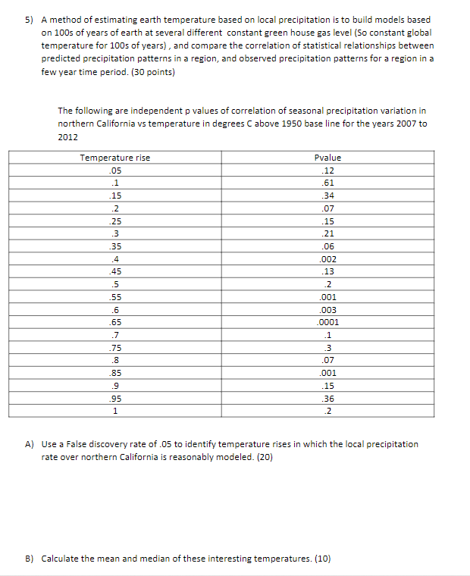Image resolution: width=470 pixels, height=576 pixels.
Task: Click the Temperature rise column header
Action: [x=115, y=158]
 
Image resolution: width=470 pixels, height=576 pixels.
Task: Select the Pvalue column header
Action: [x=327, y=158]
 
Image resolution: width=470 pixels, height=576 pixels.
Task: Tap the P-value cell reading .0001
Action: [x=327, y=321]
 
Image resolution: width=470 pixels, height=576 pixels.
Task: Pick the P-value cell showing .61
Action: [x=327, y=183]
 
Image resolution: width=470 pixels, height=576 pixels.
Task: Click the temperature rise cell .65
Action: [x=115, y=321]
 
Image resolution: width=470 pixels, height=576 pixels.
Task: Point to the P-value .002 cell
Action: [x=327, y=258]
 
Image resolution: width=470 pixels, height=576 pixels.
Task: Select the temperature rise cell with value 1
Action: [x=115, y=411]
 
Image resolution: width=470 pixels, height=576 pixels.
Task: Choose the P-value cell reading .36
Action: [x=327, y=398]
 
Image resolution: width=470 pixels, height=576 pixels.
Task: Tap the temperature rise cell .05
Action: [x=115, y=171]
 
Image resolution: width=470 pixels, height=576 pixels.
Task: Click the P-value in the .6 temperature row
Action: [x=327, y=309]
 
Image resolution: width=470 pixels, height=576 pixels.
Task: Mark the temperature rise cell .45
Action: [x=115, y=271]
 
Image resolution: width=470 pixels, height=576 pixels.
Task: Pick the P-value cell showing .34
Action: [x=327, y=196]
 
